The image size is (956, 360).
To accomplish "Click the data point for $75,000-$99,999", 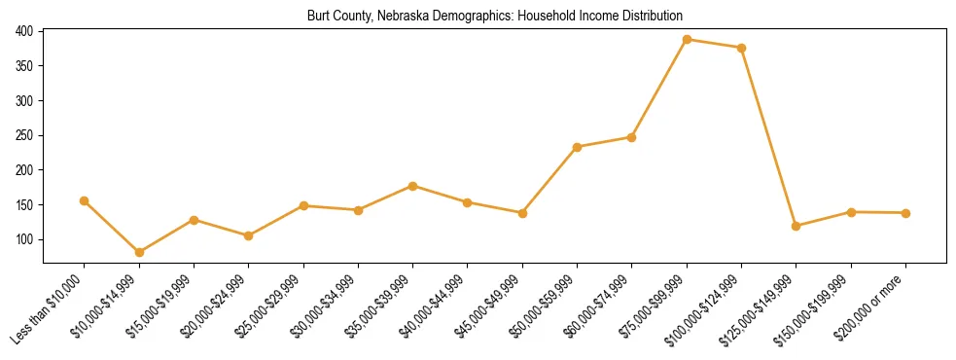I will tap(687, 40).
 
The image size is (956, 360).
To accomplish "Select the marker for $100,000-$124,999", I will tap(742, 48).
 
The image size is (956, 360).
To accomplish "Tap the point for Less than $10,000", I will tap(85, 200).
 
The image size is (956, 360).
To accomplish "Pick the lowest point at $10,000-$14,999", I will tap(139, 252).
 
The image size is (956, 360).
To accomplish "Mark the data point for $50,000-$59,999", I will tap(578, 147).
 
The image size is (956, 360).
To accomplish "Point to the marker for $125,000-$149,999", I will tap(797, 226).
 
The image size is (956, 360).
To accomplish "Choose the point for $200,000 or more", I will tap(905, 213).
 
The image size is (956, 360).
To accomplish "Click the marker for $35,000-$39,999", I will tap(413, 186).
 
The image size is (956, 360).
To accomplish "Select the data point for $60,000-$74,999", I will tap(632, 137).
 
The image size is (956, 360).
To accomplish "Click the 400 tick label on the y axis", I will tap(26, 31).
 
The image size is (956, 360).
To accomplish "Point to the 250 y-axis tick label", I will tap(26, 135).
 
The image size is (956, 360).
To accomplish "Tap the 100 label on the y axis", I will tap(26, 239).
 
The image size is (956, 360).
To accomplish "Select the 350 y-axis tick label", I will tap(26, 66).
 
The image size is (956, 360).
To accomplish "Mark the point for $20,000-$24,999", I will tap(249, 235).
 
